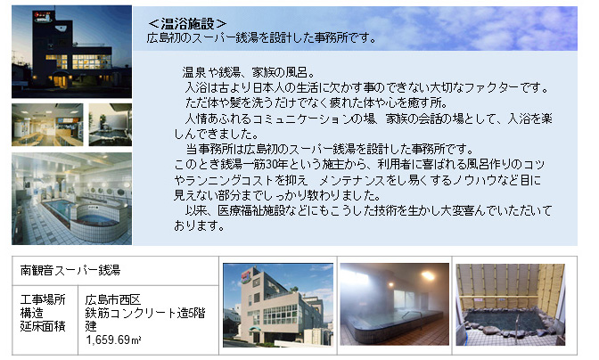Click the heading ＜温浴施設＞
[x=187, y=24]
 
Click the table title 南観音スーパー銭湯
[x=70, y=270]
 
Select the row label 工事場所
[x=43, y=299]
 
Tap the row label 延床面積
[x=43, y=326]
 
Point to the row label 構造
[x=32, y=313]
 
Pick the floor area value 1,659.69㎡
[x=113, y=340]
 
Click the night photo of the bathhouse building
[x=72, y=52]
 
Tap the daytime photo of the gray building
[x=278, y=305]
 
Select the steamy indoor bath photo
[x=395, y=304]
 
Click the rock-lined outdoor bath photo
[x=511, y=305]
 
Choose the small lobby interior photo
[x=47, y=125]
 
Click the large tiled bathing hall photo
[x=72, y=199]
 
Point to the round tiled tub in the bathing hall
[x=97, y=219]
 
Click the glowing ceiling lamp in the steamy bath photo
[x=427, y=275]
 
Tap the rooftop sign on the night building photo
[x=44, y=17]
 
